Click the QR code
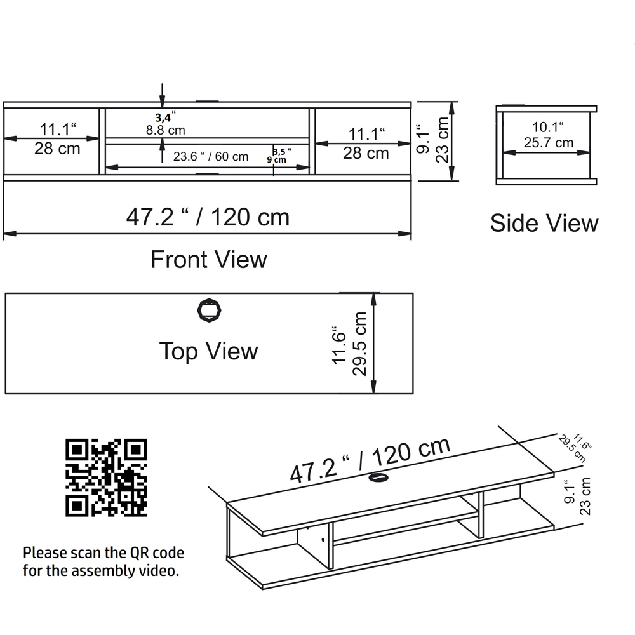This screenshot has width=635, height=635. (x=107, y=477)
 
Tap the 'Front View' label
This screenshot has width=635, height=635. (x=208, y=259)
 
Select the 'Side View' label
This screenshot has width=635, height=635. (x=544, y=223)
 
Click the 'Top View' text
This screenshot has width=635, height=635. (x=208, y=351)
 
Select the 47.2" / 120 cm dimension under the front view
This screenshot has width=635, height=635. (x=208, y=217)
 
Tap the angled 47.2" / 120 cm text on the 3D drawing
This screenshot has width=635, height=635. (x=370, y=460)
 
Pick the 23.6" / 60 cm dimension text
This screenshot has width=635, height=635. (x=211, y=156)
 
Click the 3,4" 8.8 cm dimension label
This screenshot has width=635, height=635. (x=165, y=124)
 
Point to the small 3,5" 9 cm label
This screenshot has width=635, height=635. (x=281, y=156)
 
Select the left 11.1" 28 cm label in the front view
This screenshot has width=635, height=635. (x=58, y=139)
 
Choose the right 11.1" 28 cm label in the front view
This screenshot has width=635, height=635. (x=366, y=144)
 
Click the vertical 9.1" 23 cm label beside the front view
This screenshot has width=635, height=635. (x=435, y=141)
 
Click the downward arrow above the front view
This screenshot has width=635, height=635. (x=163, y=95)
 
